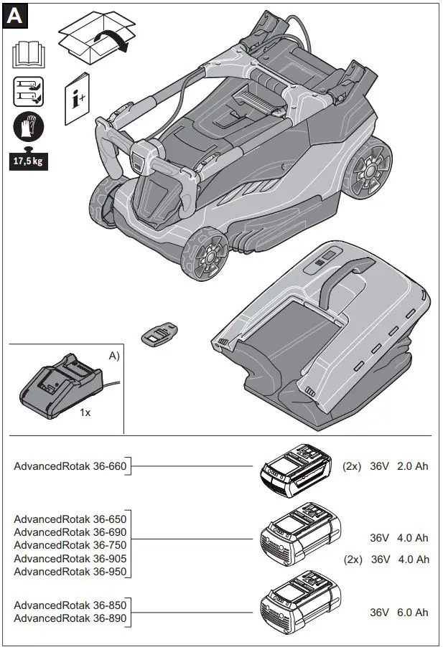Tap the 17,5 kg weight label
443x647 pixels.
(x=28, y=160)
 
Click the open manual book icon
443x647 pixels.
(x=27, y=55)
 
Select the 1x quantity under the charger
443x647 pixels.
(x=85, y=413)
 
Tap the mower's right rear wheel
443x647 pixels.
(x=370, y=171)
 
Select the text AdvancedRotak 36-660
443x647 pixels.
(x=70, y=466)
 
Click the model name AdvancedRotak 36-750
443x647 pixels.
(x=70, y=545)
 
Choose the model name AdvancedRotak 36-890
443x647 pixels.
(x=70, y=618)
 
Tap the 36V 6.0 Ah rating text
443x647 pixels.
(x=398, y=612)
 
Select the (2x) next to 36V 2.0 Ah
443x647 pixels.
(x=352, y=466)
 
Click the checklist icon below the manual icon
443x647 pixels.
(x=27, y=93)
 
